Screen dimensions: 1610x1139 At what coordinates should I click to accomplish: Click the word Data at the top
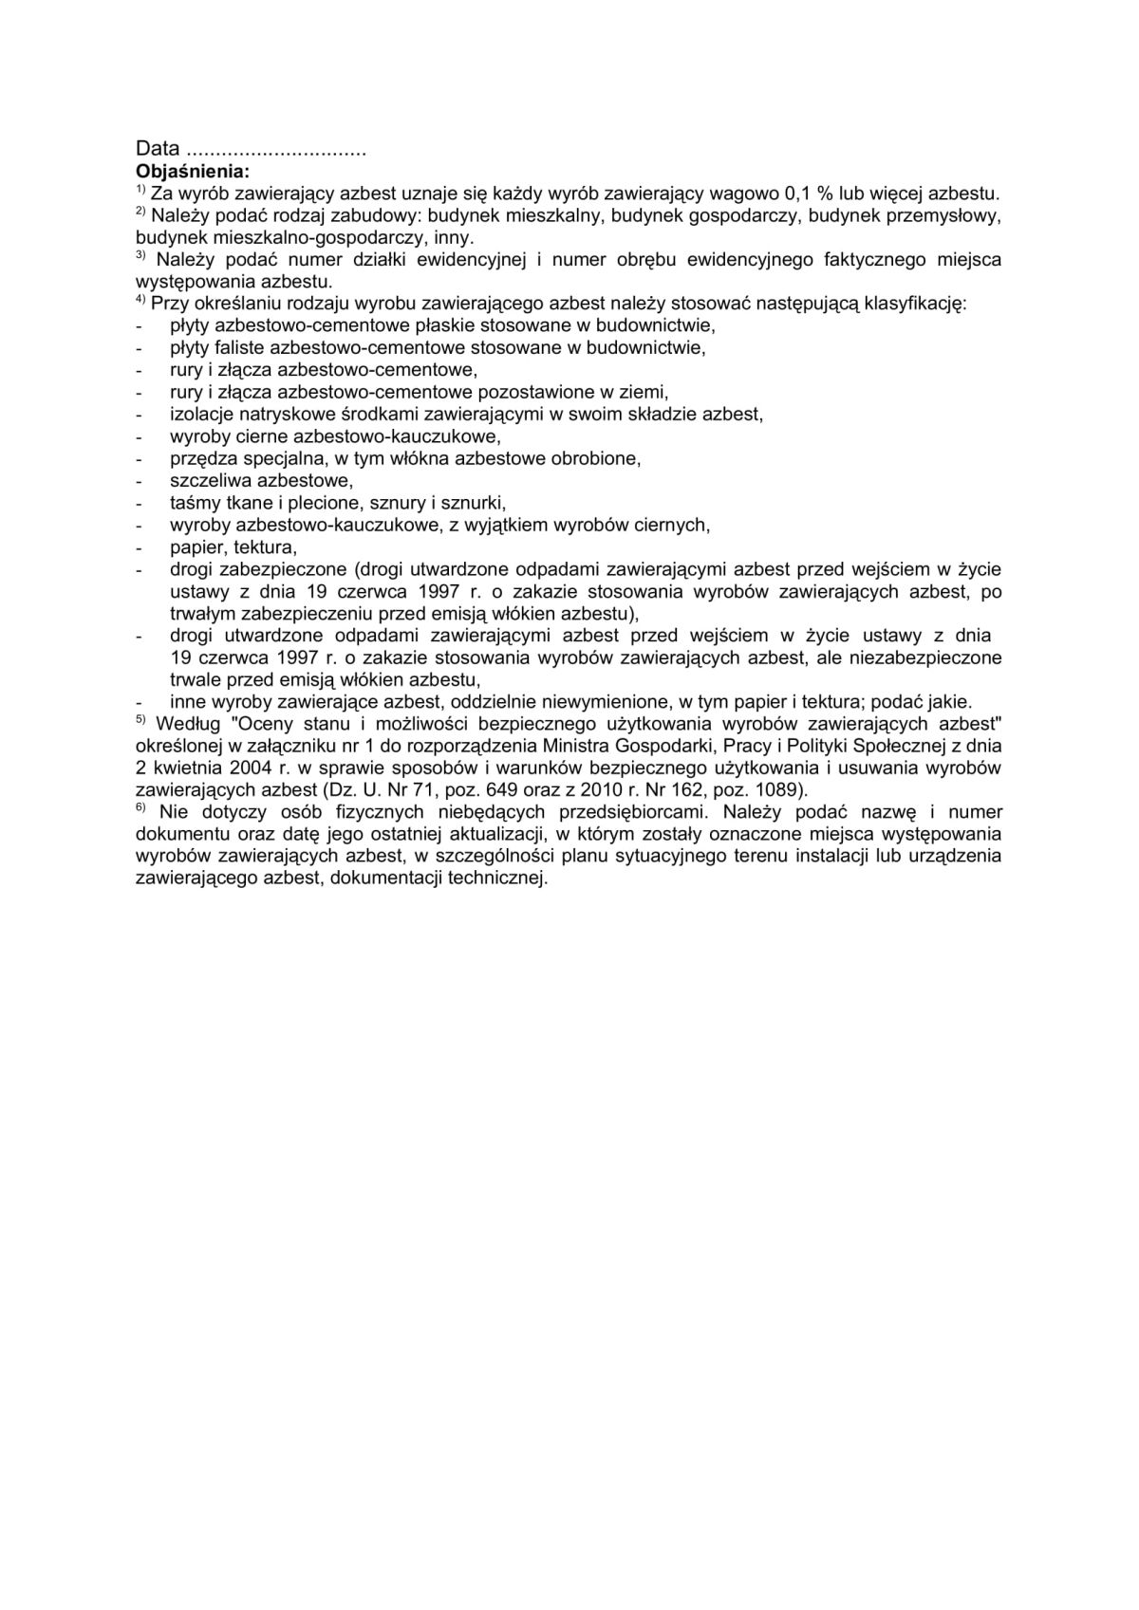point(158,149)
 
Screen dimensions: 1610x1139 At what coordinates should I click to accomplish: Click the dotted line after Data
point(276,152)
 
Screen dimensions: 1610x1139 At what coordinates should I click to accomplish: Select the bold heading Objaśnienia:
point(194,172)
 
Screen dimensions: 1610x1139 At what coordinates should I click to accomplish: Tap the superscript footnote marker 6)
point(142,808)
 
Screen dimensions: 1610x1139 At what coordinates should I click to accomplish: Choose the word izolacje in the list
point(199,414)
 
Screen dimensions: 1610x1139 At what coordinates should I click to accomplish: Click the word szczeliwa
point(205,480)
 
